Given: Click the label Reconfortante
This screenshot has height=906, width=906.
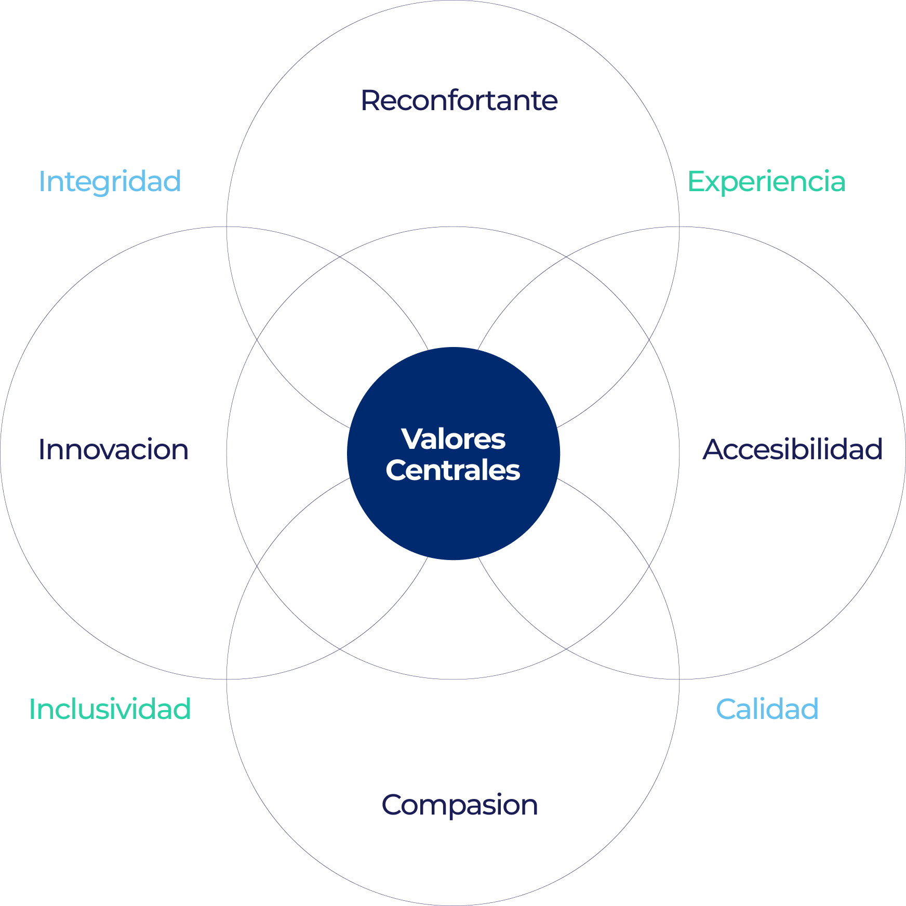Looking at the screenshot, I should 459,100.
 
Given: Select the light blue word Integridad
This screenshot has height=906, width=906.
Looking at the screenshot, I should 110,181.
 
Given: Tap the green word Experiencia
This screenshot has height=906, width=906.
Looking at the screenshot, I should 766,181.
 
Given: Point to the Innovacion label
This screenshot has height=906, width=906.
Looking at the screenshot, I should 113,449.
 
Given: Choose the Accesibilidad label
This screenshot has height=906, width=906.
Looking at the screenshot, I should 792,449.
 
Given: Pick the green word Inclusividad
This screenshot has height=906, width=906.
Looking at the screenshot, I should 110,709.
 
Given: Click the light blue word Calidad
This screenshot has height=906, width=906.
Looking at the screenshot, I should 767,709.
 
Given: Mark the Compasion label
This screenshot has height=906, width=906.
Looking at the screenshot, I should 460,805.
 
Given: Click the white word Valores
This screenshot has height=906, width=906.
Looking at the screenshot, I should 453,439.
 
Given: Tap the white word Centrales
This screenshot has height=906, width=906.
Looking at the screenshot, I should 453,470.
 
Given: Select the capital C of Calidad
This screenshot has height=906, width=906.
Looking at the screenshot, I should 726,709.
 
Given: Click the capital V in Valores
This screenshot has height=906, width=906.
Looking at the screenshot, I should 413,439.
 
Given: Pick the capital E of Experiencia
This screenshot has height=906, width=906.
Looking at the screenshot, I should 696,181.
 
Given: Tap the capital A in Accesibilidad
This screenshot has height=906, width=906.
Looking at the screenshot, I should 714,449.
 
